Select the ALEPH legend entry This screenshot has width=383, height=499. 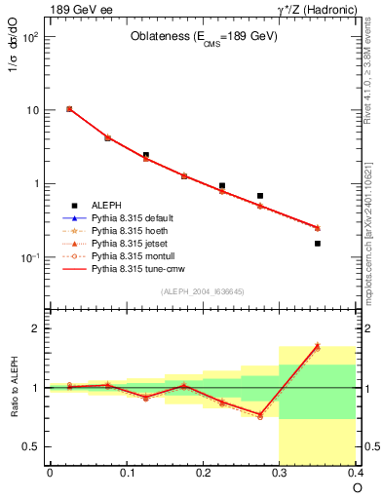tap(106, 205)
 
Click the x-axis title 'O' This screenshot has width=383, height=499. tap(357, 488)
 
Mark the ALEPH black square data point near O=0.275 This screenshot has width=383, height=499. tap(260, 196)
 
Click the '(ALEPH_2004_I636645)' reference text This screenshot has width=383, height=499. tap(202, 291)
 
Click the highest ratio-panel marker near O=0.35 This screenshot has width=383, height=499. tap(318, 345)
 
